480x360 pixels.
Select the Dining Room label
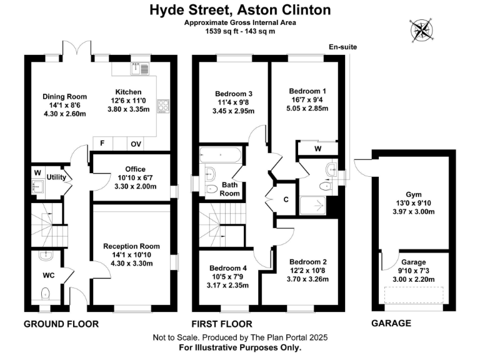pyautogui.click(x=64, y=97)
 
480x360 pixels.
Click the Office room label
pyautogui.click(x=135, y=169)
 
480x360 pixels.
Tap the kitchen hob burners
pyautogui.click(x=164, y=106)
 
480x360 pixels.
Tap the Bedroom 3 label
pyautogui.click(x=229, y=94)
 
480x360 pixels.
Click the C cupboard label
pyautogui.click(x=286, y=200)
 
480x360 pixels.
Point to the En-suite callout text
pyautogui.click(x=342, y=47)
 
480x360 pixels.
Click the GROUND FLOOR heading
pyautogui.click(x=61, y=324)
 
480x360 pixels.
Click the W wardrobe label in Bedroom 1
pyautogui.click(x=318, y=149)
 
